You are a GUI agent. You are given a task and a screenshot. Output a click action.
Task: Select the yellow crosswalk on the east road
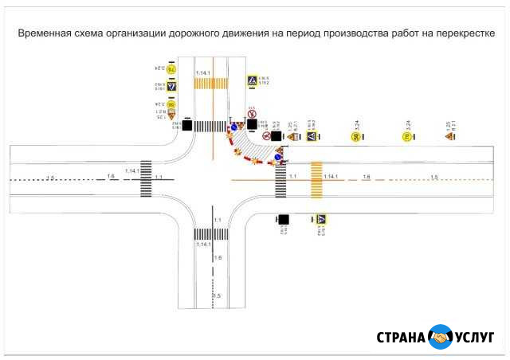click(316, 178)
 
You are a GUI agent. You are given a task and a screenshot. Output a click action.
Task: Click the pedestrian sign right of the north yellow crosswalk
click(252, 80)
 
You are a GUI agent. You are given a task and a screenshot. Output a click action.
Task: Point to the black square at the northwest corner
click(186, 125)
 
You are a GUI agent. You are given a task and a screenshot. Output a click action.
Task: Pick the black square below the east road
click(283, 219)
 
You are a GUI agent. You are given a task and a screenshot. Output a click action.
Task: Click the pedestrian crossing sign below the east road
click(320, 219)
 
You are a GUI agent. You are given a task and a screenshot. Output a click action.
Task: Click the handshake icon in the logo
click(440, 336)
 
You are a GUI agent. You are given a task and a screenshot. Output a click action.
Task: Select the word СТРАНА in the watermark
click(402, 337)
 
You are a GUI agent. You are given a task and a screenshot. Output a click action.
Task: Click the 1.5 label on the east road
click(434, 176)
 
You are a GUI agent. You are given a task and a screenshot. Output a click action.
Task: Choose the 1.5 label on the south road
click(216, 295)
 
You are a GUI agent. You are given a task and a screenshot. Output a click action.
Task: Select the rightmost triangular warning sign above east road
click(449, 136)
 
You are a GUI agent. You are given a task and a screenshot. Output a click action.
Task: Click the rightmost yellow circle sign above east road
click(406, 136)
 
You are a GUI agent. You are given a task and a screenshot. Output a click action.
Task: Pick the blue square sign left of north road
click(171, 86)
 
